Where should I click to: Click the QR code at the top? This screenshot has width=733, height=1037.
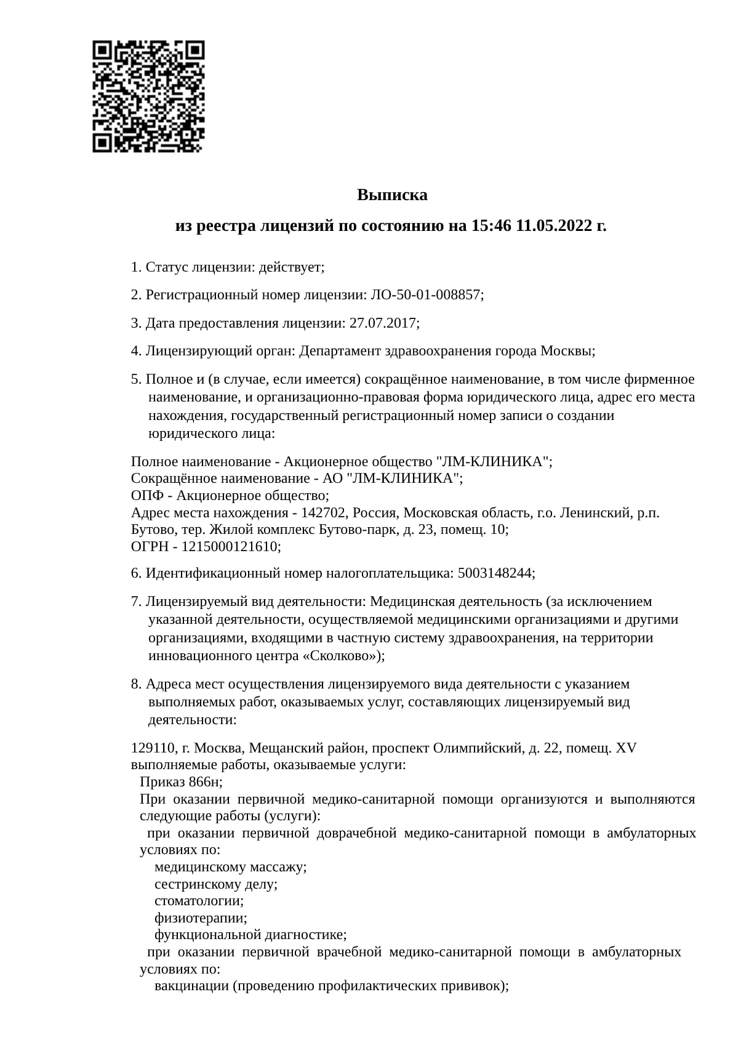[x=148, y=96]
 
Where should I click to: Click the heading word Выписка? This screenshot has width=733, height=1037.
[x=392, y=195]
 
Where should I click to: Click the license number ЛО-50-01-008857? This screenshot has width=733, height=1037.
[x=425, y=295]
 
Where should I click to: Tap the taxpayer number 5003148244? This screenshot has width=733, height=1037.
[x=495, y=573]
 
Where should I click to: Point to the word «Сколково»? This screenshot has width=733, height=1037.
[x=338, y=656]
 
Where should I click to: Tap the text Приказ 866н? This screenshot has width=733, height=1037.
[x=180, y=782]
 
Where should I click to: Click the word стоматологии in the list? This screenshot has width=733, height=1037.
[x=198, y=901]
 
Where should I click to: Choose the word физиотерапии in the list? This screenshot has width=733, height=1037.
[x=200, y=918]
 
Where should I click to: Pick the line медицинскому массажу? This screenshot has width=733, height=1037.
[x=230, y=867]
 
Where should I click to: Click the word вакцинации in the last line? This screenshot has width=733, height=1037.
[x=191, y=986]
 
